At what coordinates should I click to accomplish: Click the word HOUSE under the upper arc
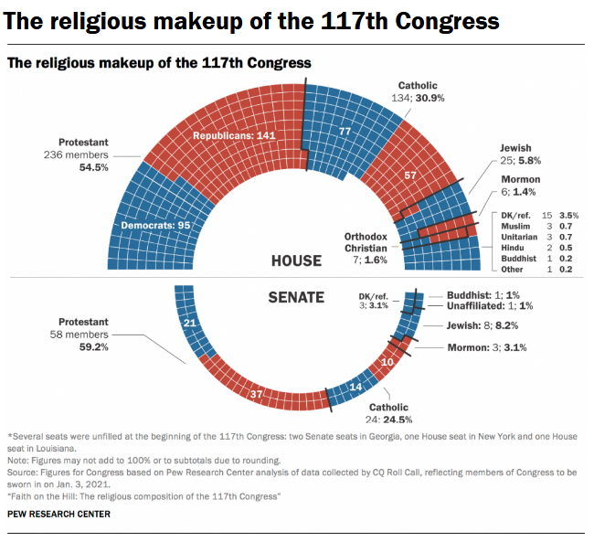pos(296,260)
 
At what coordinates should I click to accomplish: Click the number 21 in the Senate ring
pos(191,323)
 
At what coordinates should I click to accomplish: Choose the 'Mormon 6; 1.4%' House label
pos(520,186)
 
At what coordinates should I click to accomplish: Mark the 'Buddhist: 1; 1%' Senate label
pos(482,295)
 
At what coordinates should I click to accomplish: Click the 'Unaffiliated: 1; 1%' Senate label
pos(489,306)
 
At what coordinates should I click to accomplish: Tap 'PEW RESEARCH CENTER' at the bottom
pos(58,515)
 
